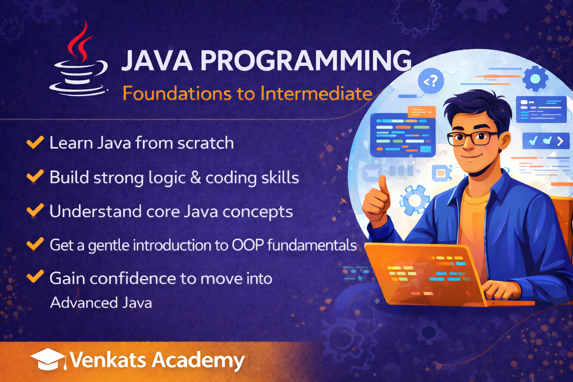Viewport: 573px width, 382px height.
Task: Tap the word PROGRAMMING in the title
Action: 306,60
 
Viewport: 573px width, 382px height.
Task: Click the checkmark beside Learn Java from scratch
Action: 35,142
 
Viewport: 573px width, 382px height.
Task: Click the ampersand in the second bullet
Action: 196,178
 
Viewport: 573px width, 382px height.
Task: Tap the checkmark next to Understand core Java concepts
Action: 35,210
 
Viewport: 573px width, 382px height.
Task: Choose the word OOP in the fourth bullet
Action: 248,245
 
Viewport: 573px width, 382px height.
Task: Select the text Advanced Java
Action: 101,303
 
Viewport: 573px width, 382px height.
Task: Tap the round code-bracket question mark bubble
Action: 431,81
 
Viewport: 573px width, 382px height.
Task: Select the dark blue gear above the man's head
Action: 535,79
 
